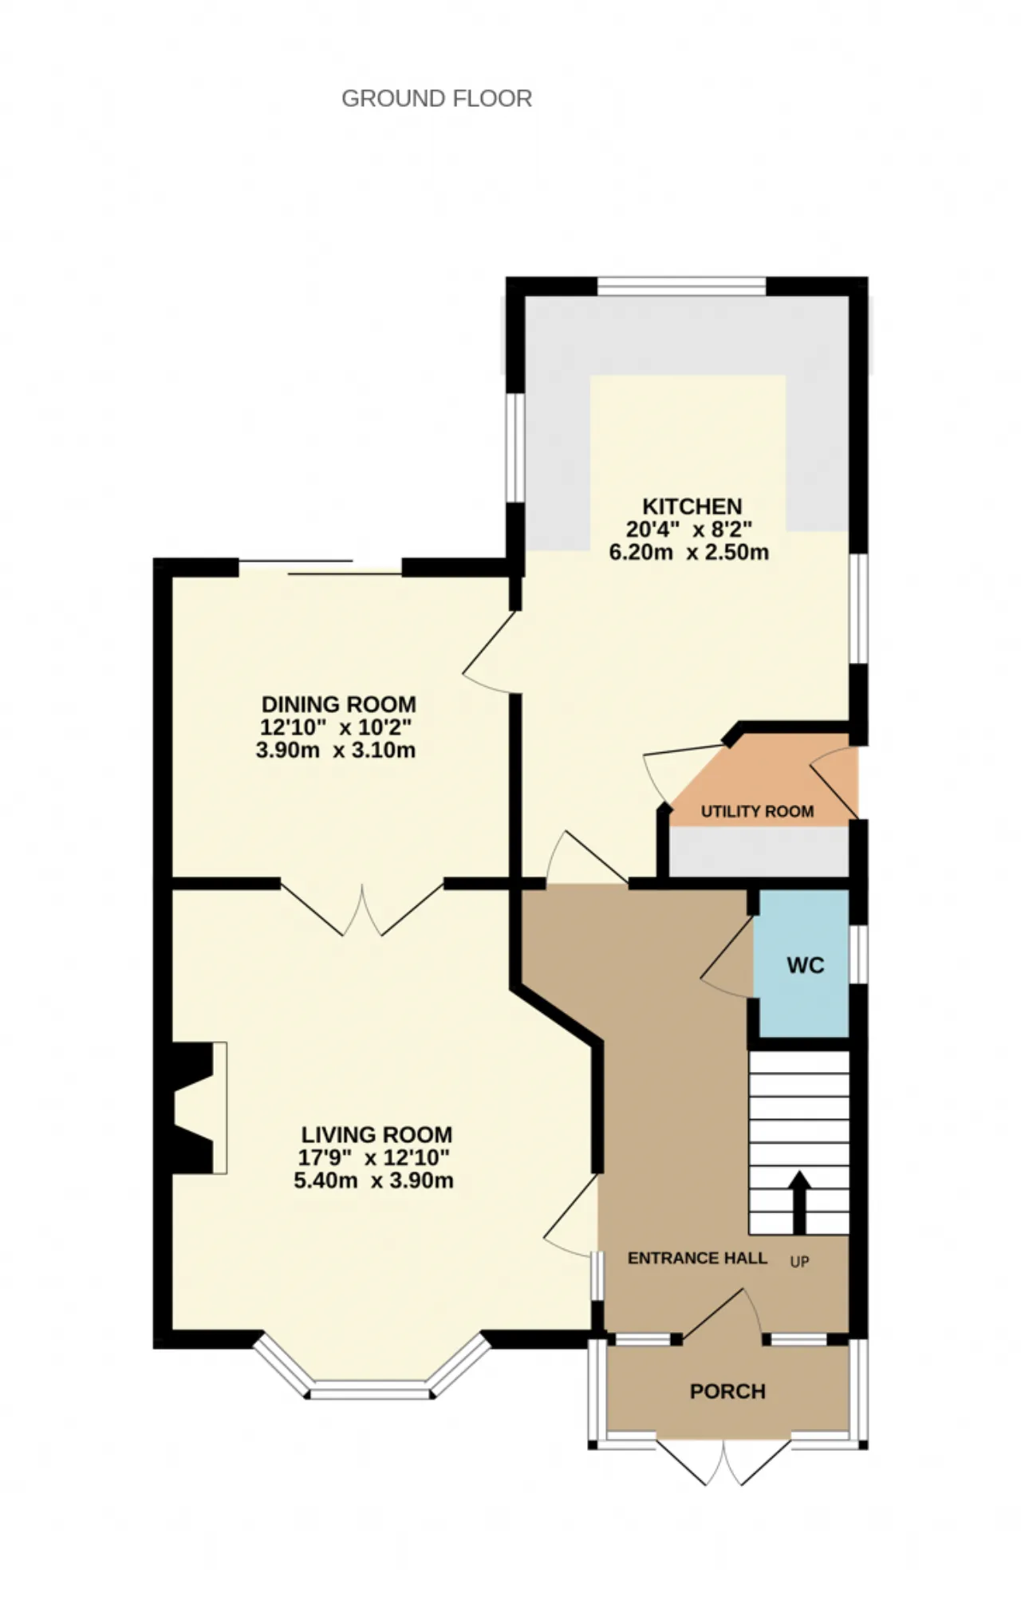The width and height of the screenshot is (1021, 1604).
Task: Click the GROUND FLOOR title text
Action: coord(436,98)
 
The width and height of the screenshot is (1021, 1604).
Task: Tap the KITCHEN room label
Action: coord(692,506)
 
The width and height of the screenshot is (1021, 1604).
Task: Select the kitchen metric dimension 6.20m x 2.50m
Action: coord(689,552)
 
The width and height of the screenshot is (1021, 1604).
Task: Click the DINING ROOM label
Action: coord(339,704)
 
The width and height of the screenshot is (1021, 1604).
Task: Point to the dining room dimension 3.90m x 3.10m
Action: coord(336,750)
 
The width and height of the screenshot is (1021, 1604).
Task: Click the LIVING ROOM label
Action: coord(376,1134)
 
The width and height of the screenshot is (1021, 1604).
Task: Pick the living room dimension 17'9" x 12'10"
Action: coord(374,1157)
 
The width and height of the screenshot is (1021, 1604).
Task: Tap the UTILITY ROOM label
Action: coord(757,811)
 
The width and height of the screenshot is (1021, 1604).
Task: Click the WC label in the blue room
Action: coord(805,965)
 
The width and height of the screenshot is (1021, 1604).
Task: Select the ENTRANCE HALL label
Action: coord(697,1258)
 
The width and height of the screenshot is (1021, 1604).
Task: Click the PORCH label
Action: coord(727,1391)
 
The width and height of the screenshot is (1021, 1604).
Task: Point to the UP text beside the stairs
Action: coord(799,1262)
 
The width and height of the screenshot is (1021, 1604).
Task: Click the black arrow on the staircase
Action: coord(799,1203)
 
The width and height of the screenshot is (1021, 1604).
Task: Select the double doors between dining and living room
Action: coord(362,909)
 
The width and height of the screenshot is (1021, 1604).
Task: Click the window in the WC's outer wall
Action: coord(857,952)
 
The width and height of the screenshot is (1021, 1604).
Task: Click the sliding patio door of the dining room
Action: coord(320,567)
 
